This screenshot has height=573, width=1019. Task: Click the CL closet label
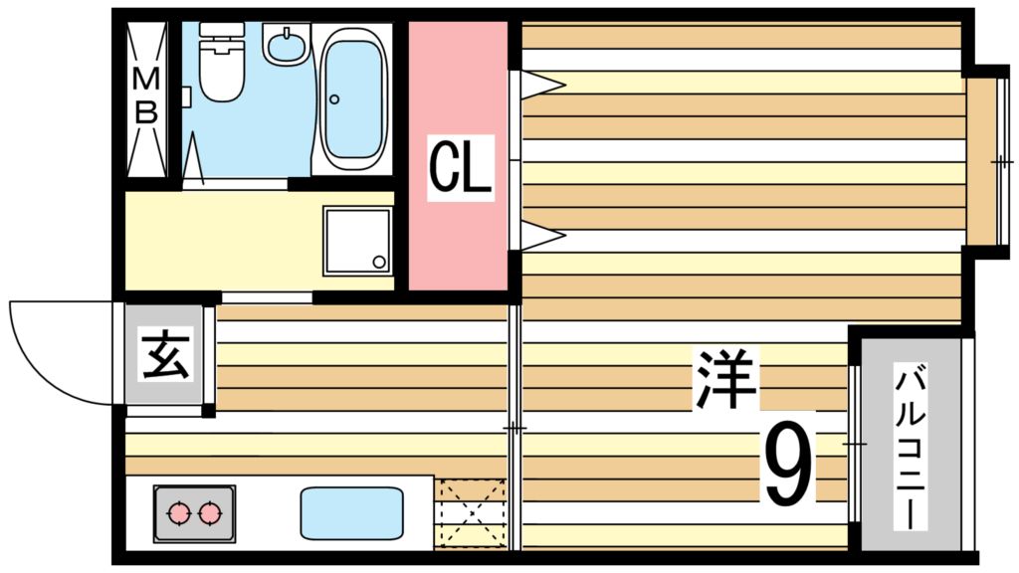[x=460, y=170]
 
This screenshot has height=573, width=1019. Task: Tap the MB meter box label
[x=146, y=96]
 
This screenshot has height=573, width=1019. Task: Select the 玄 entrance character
[x=165, y=356]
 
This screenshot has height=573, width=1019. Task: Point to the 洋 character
[x=726, y=377]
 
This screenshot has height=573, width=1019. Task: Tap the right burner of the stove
[x=209, y=513]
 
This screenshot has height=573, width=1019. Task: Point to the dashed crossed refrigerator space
[x=470, y=512]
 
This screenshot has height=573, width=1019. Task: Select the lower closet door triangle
[x=543, y=236]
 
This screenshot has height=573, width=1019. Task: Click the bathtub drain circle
[x=334, y=98]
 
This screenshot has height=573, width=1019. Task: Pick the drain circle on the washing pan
[x=378, y=262]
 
